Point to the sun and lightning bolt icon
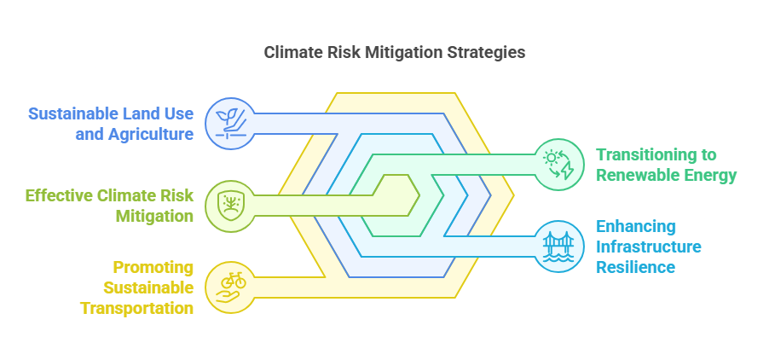pyautogui.click(x=559, y=164)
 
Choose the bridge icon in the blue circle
pyautogui.click(x=559, y=246)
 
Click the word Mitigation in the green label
pyautogui.click(x=154, y=216)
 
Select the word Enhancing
pyautogui.click(x=636, y=226)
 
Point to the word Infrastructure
pyautogui.click(x=649, y=247)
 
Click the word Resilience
pyautogui.click(x=635, y=267)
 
